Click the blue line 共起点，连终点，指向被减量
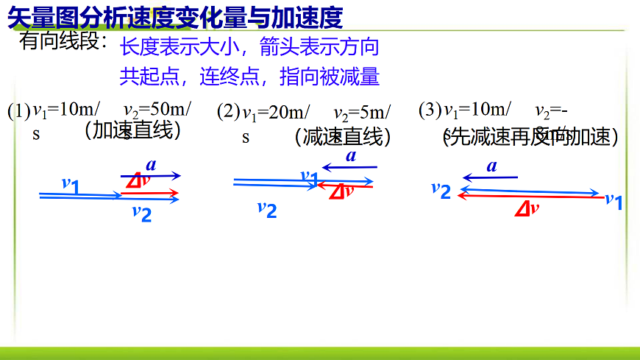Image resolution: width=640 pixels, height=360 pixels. (249, 77)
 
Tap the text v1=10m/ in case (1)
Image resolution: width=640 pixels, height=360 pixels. (67, 110)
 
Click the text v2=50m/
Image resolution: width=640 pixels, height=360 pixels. (157, 110)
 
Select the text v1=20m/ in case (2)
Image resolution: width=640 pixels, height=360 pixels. (276, 113)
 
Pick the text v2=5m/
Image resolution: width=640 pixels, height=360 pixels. (362, 113)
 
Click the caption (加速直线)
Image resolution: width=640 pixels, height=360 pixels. (132, 130)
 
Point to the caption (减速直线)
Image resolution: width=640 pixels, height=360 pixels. (342, 136)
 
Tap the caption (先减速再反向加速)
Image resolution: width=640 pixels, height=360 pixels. (530, 136)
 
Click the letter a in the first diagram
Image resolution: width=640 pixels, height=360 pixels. (151, 164)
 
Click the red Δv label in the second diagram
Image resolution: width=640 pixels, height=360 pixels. (341, 191)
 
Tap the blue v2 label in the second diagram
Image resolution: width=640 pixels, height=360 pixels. (267, 209)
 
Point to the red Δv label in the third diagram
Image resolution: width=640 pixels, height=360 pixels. (527, 208)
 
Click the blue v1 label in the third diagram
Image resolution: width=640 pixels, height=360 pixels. (614, 200)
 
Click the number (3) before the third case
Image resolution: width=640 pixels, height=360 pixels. (430, 110)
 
